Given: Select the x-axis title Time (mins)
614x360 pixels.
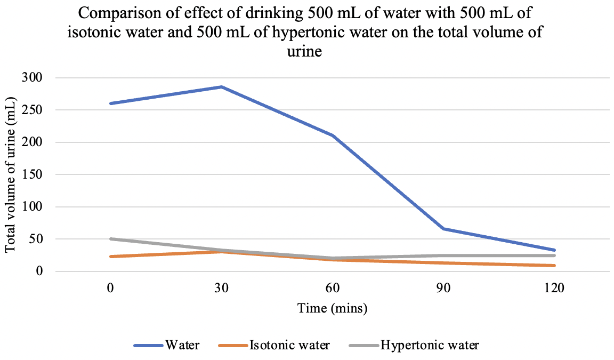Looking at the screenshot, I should [333, 308].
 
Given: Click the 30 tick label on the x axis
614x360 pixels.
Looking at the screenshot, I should [222, 288].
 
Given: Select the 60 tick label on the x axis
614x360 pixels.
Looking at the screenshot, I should [333, 288].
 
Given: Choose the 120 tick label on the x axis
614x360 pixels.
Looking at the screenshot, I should [555, 288].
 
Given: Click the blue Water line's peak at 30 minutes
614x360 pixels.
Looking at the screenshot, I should [222, 87].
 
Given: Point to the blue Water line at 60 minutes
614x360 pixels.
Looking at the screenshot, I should [333, 135].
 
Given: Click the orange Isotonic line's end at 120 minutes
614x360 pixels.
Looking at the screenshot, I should [555, 266].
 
